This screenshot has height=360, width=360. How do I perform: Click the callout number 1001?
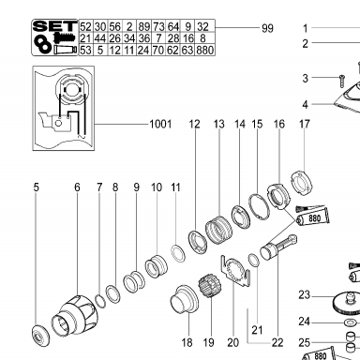coord(160,124)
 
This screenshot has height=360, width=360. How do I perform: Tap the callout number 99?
coord(267,28)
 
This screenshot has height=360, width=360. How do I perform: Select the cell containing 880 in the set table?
coord(205,50)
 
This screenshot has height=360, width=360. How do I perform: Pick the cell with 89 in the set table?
coord(143,26)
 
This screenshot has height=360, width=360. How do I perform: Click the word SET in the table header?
coord(55,26)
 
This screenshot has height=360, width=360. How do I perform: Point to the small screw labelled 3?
coord(341,81)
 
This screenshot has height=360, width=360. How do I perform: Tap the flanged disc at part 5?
coord(40,336)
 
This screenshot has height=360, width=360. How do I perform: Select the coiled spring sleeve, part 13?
coord(218,230)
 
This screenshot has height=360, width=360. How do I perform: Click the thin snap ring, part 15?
coord(259,207)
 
